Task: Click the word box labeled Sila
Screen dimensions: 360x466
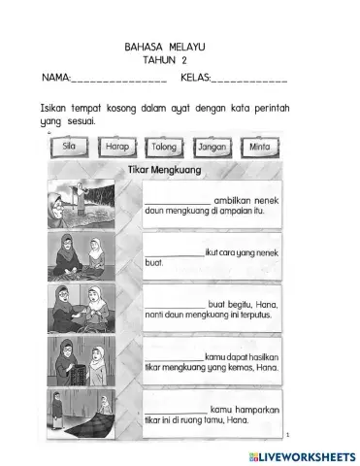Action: (x=69, y=148)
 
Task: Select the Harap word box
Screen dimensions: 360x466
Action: (x=117, y=148)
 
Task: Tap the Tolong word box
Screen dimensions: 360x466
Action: (x=166, y=148)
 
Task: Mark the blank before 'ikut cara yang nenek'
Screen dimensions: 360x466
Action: (x=173, y=250)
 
